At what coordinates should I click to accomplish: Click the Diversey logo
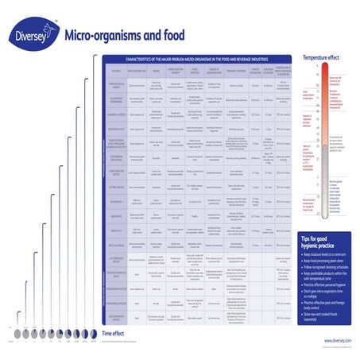point(33,35)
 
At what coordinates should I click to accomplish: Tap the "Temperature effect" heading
point(322,58)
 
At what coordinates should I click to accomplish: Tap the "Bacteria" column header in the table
point(116,70)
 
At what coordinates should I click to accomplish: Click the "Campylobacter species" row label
point(116,171)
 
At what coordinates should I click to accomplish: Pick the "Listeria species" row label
point(116,186)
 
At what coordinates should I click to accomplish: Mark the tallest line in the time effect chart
point(95,199)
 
